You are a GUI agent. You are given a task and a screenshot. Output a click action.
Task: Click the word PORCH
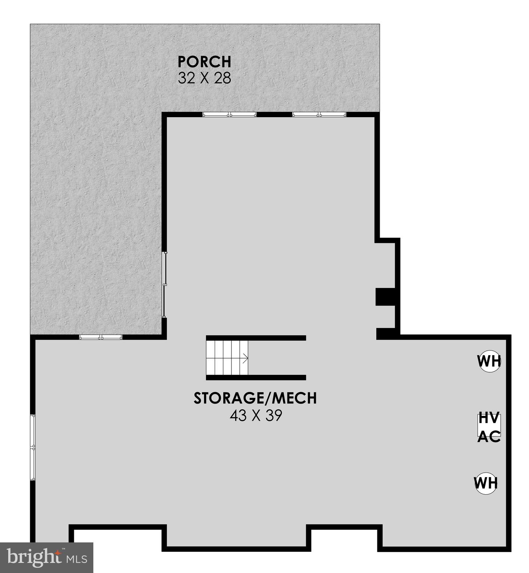204,62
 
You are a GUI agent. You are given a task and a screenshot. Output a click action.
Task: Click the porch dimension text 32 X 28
204,78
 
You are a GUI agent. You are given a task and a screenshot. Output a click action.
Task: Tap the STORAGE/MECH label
255,398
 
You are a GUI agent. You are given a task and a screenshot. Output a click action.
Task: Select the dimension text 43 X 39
256,416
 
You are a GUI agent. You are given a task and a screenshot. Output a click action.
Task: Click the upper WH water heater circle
489,361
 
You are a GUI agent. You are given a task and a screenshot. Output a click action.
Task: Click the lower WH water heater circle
486,483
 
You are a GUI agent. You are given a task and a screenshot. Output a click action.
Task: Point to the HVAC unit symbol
489,425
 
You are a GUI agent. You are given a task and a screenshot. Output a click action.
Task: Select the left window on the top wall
230,115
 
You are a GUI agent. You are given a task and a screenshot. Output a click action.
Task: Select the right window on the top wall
319,115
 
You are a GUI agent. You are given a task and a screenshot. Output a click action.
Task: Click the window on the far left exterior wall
33,447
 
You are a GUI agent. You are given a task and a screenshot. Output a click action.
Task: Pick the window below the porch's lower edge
101,337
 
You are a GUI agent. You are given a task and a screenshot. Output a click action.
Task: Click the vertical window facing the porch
164,285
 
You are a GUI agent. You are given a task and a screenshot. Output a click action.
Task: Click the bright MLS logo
46,558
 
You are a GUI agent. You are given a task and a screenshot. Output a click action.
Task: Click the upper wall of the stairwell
256,338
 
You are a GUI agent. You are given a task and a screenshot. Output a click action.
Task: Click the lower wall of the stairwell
256,378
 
